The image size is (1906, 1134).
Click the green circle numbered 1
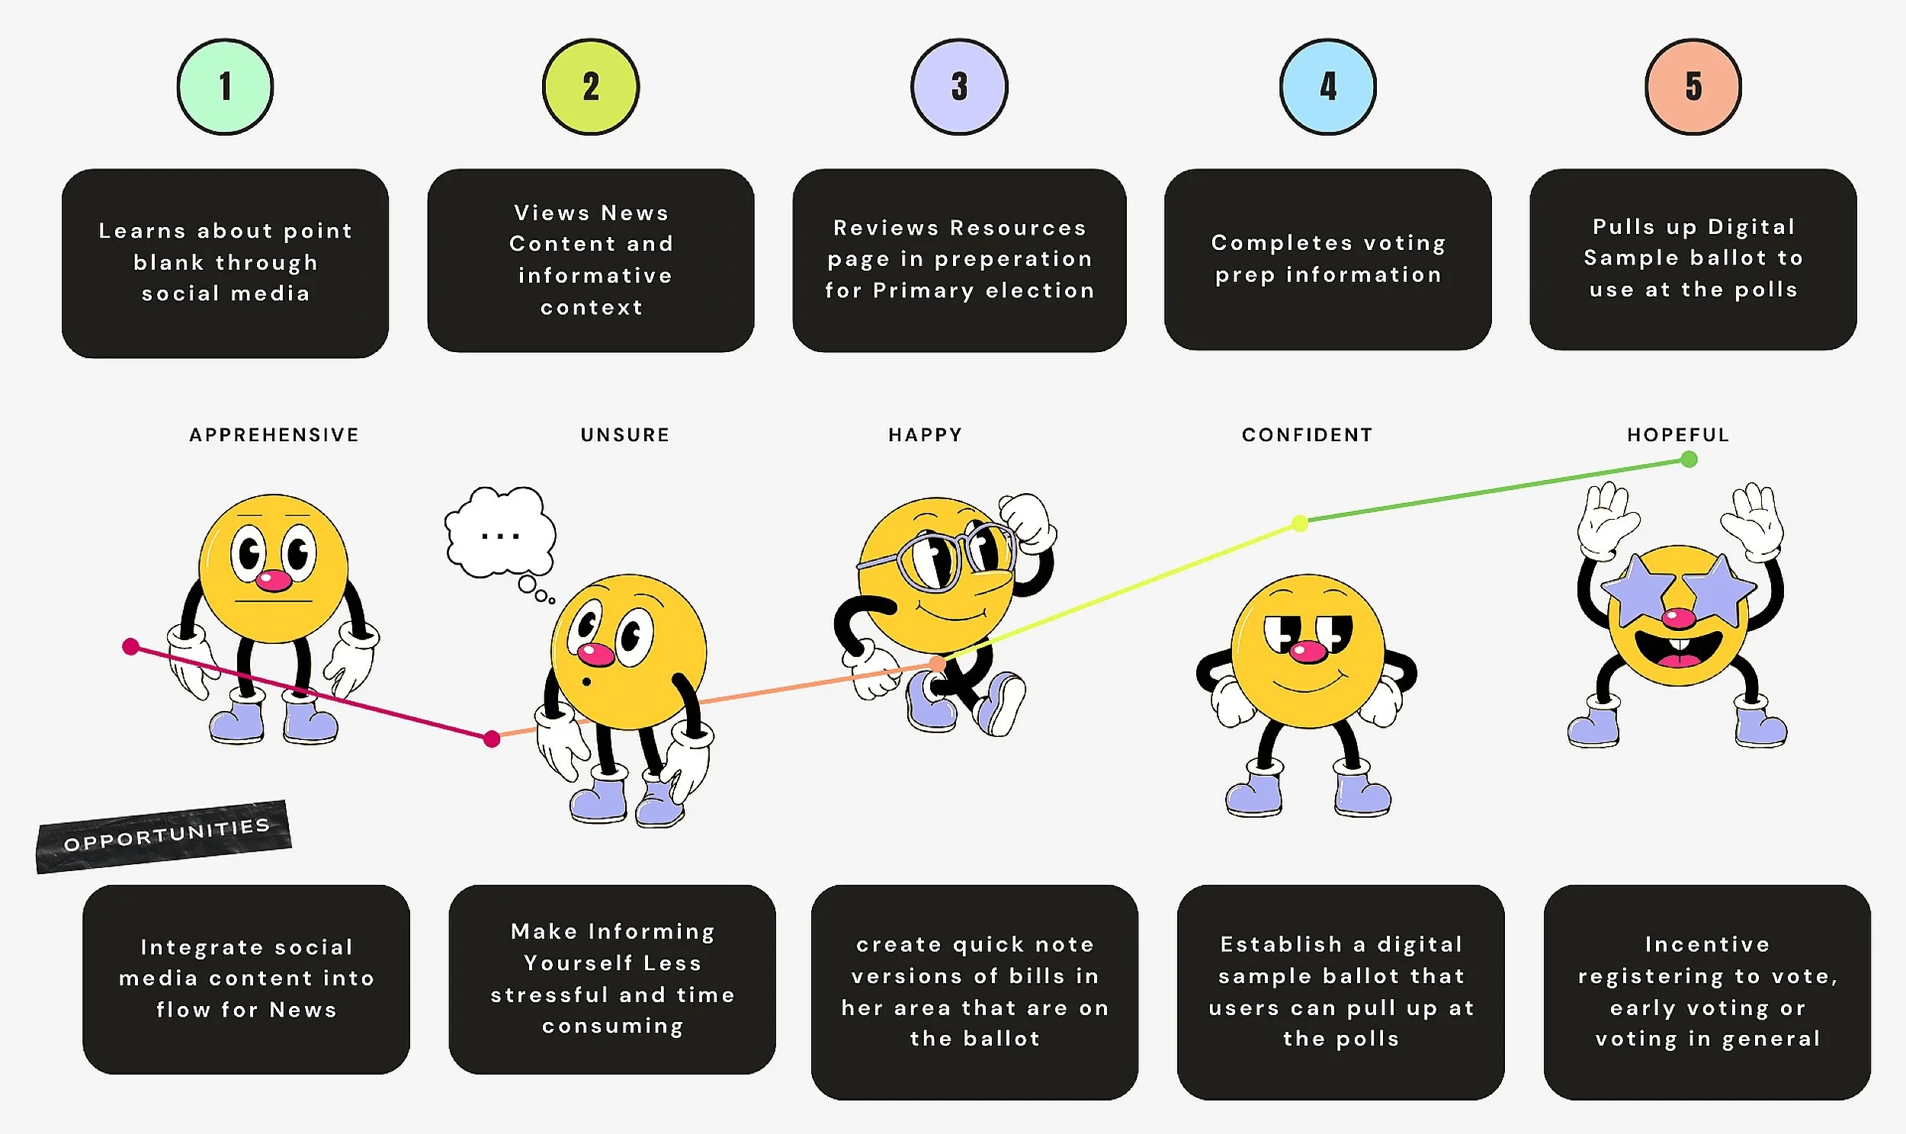tap(226, 86)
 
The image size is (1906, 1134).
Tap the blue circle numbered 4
tap(1328, 86)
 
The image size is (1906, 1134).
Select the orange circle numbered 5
tap(1693, 86)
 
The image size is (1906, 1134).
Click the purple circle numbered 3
tap(960, 86)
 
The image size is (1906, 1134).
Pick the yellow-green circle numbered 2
tap(591, 86)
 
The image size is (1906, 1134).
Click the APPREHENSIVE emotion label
tap(274, 435)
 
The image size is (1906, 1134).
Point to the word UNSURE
tap(625, 435)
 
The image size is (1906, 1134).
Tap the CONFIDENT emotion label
tap(1308, 435)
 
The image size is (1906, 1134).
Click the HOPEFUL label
tap(1678, 435)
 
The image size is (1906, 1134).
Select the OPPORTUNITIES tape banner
tap(165, 836)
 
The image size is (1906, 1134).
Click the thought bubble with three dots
tap(501, 532)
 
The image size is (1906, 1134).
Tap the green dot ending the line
tap(1689, 460)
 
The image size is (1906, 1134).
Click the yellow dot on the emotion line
tap(1300, 524)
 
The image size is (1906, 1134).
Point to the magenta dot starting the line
tap(130, 647)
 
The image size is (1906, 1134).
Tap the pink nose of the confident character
tap(1308, 651)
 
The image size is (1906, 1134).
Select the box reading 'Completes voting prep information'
tap(1328, 260)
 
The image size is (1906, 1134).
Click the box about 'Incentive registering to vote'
tap(1707, 991)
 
